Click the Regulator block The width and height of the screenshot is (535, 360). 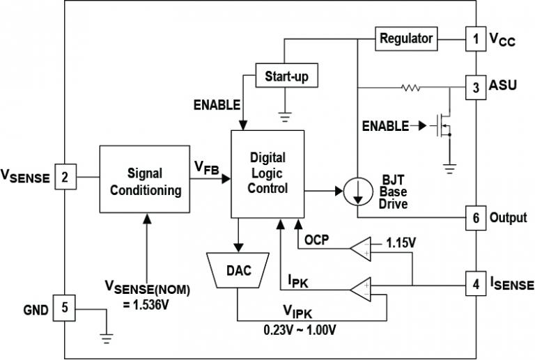point(406,38)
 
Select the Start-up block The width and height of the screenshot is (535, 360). point(286,75)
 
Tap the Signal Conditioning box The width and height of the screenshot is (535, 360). point(145,180)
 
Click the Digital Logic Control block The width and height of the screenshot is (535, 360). point(267,173)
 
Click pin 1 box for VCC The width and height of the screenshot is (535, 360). point(475,39)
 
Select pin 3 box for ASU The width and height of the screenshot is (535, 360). point(475,88)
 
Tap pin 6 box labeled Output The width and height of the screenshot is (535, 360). point(475,217)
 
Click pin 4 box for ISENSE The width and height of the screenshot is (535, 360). point(475,284)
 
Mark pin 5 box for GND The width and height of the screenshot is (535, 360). point(65,308)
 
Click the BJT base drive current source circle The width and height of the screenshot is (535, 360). point(357,191)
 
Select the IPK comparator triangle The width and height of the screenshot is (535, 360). point(362,288)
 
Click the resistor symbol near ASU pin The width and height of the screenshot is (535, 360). point(410,88)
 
